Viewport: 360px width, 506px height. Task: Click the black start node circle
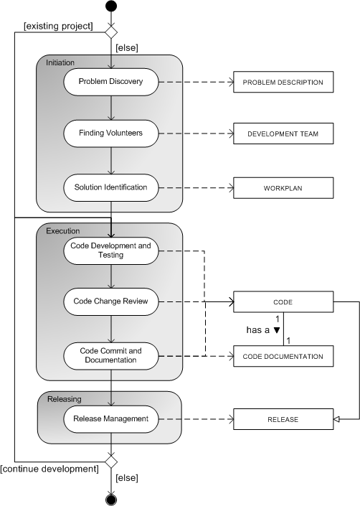tap(111, 6)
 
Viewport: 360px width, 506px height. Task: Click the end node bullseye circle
tap(111, 500)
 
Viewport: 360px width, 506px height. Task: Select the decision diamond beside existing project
tap(111, 32)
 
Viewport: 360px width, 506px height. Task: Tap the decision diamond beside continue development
tap(111, 462)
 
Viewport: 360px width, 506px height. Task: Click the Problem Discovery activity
tap(111, 82)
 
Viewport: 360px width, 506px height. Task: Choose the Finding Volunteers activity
tap(111, 133)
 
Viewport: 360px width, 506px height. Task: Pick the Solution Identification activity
tap(111, 187)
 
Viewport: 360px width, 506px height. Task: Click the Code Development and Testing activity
tap(111, 250)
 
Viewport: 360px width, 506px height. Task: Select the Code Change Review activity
tap(111, 301)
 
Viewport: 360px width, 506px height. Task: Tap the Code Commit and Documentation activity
tap(111, 355)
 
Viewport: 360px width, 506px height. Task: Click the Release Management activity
tap(111, 419)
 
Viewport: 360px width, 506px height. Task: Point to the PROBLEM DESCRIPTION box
tap(283, 82)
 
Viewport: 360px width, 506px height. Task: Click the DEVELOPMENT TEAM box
tap(283, 133)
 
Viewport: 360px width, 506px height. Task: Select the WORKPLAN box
tap(283, 188)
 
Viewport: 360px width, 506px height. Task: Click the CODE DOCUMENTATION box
tap(283, 356)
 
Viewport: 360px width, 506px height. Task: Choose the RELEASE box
tap(283, 419)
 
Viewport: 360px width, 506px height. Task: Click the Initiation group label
tap(60, 62)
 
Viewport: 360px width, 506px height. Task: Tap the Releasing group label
tap(64, 399)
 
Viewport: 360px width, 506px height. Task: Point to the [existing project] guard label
tap(58, 26)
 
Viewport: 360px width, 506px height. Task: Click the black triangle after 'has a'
tap(277, 330)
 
